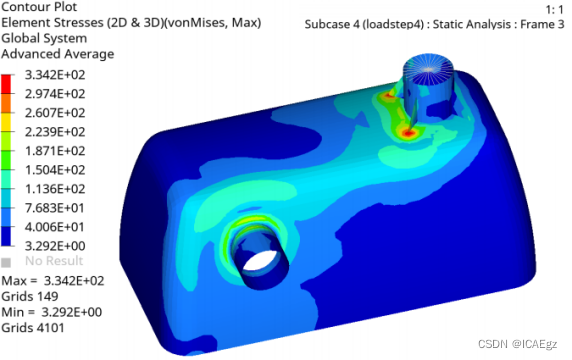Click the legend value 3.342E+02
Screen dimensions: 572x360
tap(55, 75)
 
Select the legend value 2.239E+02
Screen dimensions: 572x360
tap(55, 132)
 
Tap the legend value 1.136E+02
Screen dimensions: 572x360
tap(55, 189)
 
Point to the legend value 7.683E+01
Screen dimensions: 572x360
tap(55, 208)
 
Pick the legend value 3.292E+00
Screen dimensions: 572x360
tap(55, 246)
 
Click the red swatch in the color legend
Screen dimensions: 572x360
tap(6, 84)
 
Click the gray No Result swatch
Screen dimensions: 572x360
tap(6, 262)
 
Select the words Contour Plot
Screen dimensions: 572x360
tap(39, 7)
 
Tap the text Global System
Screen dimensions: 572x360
tap(44, 38)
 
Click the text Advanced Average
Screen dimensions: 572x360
tap(58, 54)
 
